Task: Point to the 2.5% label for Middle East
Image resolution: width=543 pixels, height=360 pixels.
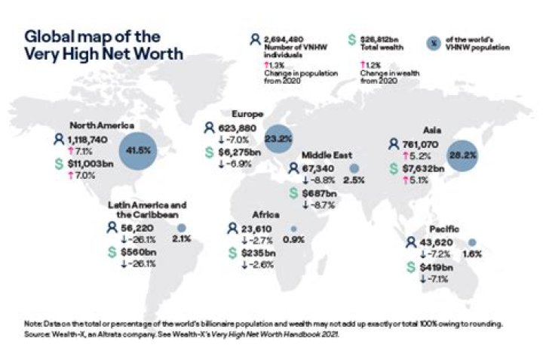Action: pyautogui.click(x=354, y=181)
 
